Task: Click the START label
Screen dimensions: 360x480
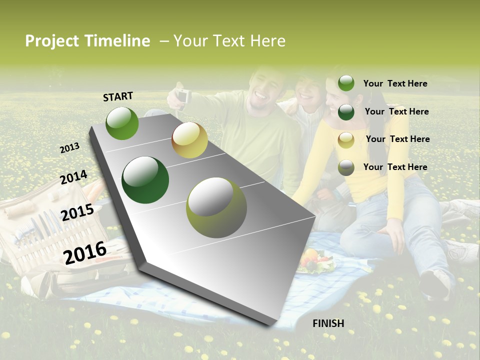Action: pyautogui.click(x=118, y=96)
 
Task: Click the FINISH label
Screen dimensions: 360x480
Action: pyautogui.click(x=328, y=323)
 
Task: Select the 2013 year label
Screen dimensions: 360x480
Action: pyautogui.click(x=70, y=148)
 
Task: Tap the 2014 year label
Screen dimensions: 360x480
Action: pyautogui.click(x=74, y=177)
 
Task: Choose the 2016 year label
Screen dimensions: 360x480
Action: pyautogui.click(x=85, y=252)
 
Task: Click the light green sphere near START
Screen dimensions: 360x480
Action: pyautogui.click(x=122, y=123)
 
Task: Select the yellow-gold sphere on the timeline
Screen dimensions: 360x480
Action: pyautogui.click(x=189, y=140)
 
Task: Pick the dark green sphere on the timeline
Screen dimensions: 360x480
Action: pyautogui.click(x=145, y=180)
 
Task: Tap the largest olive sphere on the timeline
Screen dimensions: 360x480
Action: pyautogui.click(x=216, y=207)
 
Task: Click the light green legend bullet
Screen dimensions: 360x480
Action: pyautogui.click(x=346, y=83)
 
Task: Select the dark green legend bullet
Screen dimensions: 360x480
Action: pyautogui.click(x=346, y=112)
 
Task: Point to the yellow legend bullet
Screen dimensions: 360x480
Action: pyautogui.click(x=346, y=140)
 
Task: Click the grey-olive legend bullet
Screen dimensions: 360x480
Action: pyautogui.click(x=346, y=168)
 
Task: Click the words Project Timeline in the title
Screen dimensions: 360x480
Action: pyautogui.click(x=87, y=41)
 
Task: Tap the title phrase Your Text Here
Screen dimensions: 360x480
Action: pyautogui.click(x=229, y=41)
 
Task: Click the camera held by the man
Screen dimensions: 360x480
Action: pyautogui.click(x=183, y=95)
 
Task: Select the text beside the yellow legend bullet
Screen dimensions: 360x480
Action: pyautogui.click(x=397, y=139)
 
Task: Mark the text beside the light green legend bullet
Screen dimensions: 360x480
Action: pyautogui.click(x=395, y=83)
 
